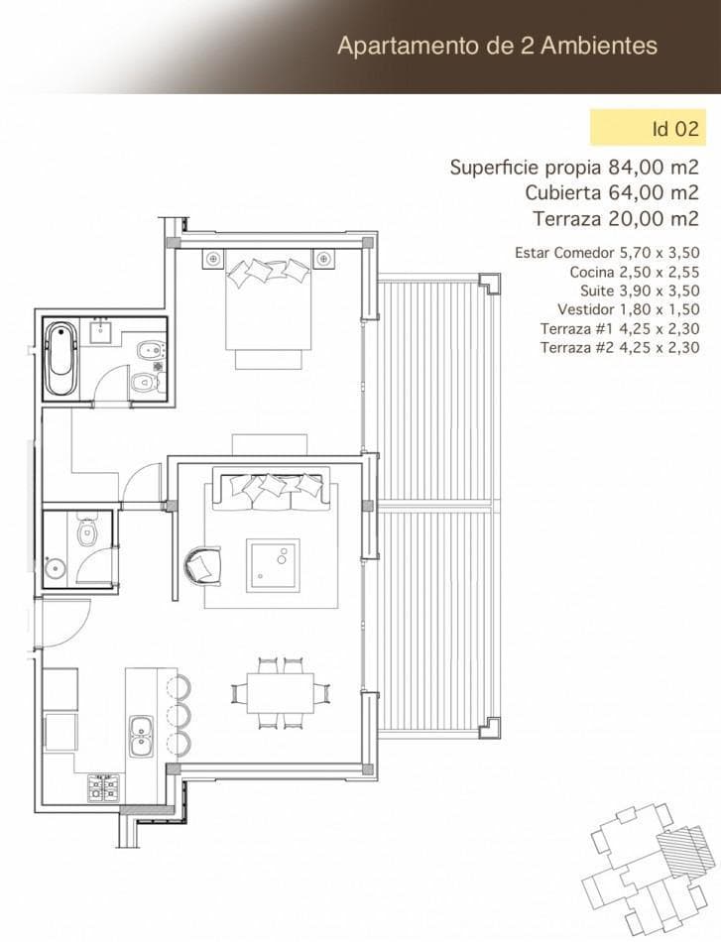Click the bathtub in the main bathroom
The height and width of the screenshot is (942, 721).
61,359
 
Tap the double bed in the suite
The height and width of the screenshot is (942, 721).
269,305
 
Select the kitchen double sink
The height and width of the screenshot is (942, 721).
142,736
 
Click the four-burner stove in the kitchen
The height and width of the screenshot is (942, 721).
104,787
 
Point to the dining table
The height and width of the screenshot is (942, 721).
281,693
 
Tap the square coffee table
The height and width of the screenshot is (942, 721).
273,565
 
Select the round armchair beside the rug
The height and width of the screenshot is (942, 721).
203,565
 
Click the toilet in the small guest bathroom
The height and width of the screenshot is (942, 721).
87,530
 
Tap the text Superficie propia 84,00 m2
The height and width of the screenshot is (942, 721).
574,167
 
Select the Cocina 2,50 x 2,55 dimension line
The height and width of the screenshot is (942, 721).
635,272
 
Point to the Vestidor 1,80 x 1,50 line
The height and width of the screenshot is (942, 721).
629,309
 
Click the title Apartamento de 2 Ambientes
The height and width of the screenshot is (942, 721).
498,46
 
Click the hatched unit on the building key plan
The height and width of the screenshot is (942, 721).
682,849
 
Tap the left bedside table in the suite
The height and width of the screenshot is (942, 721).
212,259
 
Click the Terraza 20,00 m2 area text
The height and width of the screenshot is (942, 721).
616,218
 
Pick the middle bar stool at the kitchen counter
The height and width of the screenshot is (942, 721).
179,715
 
